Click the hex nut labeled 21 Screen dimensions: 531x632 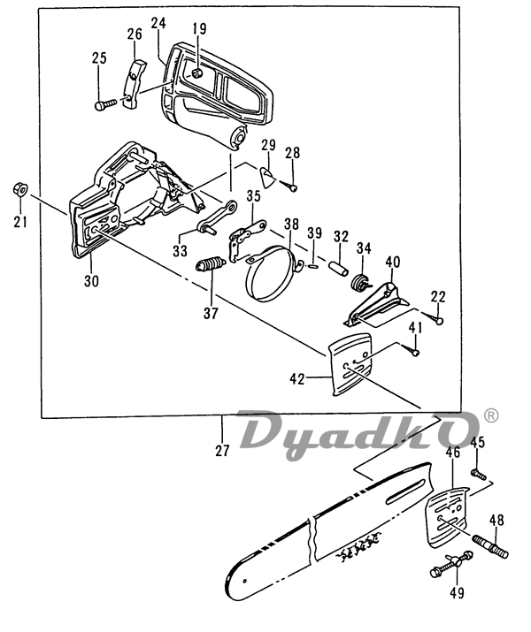19,188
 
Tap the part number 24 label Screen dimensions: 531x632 158,23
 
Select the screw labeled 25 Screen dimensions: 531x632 105,104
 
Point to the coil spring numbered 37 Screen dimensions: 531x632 211,264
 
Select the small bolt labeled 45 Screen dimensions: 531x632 479,474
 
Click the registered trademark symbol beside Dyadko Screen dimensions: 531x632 490,415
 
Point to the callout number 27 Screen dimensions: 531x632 222,451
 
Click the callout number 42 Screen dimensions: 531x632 297,378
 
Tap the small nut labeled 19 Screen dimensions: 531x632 197,73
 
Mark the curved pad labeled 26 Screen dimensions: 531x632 133,84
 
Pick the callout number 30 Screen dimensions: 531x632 91,280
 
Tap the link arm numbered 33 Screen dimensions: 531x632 217,217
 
